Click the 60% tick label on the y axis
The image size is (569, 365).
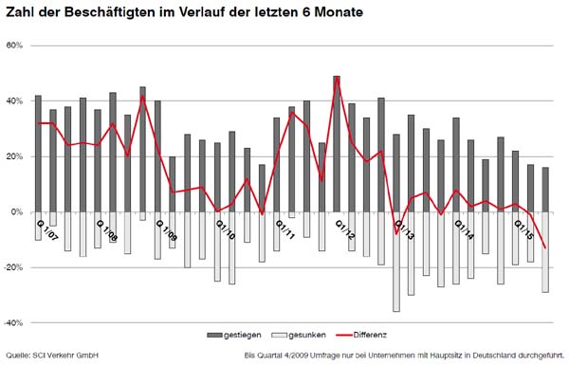pyautogui.click(x=16, y=46)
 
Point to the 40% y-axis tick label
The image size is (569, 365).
pyautogui.click(x=16, y=101)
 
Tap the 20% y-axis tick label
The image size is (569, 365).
pyautogui.click(x=16, y=156)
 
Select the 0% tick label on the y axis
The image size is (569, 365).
pyautogui.click(x=18, y=212)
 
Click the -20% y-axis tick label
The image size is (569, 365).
pyautogui.click(x=15, y=267)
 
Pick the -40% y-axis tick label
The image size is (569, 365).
pyautogui.click(x=15, y=323)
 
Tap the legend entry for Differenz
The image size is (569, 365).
pyautogui.click(x=361, y=336)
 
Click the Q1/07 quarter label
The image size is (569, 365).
pyautogui.click(x=46, y=228)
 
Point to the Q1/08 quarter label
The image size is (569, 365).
pyautogui.click(x=107, y=228)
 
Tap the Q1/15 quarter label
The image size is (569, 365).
pyautogui.click(x=523, y=228)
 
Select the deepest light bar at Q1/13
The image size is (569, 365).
pyautogui.click(x=396, y=262)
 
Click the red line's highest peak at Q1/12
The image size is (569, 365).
pyautogui.click(x=337, y=79)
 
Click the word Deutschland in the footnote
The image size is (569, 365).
pyautogui.click(x=489, y=356)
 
